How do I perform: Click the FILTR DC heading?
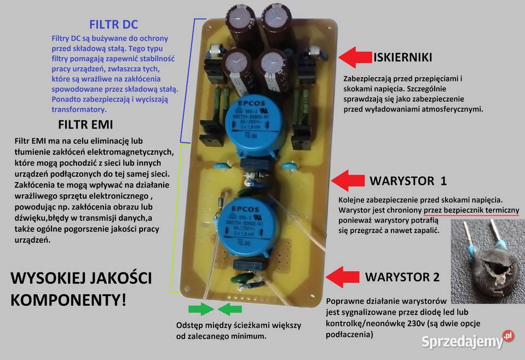[113, 25]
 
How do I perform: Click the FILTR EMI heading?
[85, 124]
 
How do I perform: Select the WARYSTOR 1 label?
[408, 181]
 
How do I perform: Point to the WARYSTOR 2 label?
[402, 277]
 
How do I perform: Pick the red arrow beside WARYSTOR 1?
[348, 181]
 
